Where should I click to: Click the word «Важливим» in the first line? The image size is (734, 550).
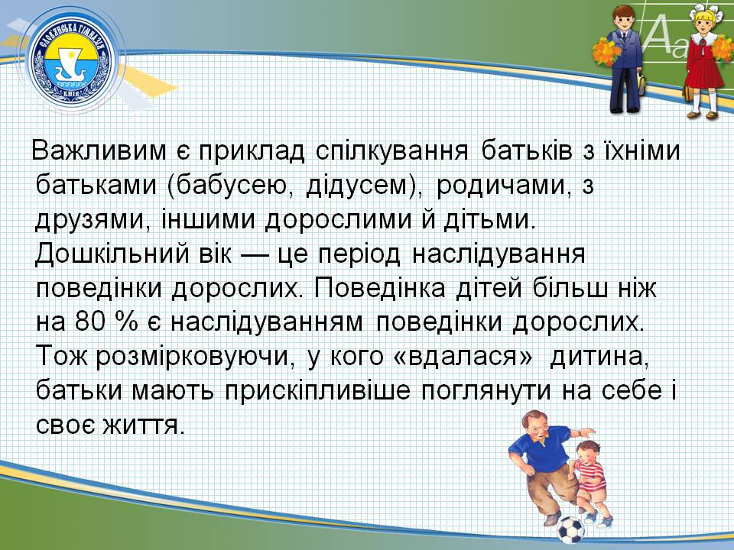click(x=99, y=150)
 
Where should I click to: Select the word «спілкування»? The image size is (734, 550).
click(x=392, y=151)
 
